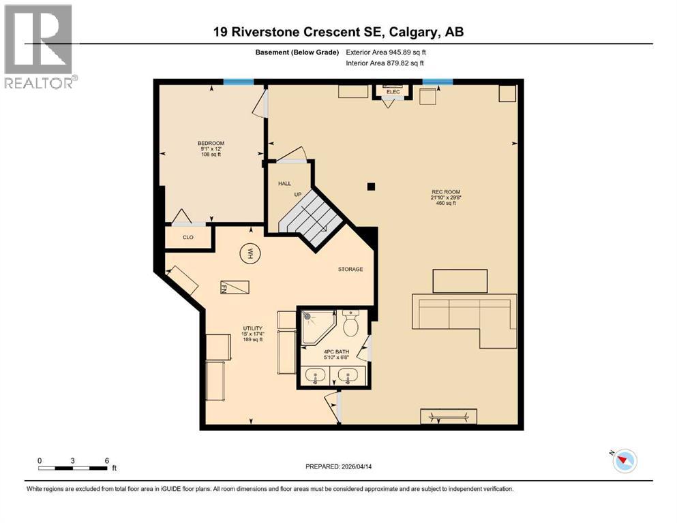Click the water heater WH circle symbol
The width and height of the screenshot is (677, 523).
250,254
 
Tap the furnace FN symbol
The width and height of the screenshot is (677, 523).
234,288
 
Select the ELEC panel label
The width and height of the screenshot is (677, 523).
393,91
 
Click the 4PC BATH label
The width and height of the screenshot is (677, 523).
333,354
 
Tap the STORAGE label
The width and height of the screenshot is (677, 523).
350,269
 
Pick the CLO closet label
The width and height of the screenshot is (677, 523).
188,238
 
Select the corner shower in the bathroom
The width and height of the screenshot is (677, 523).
317,326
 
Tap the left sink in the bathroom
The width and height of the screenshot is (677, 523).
316,375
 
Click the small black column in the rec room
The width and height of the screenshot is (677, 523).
370,186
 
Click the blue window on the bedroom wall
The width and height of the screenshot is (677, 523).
239,82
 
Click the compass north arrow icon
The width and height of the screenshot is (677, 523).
625,461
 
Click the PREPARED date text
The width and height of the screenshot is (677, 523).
339,466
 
